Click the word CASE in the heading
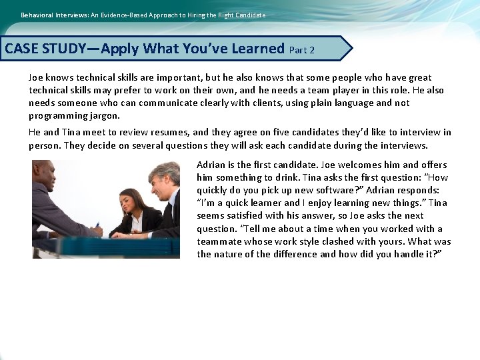pyautogui.click(x=23, y=49)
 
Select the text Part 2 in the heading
pyautogui.click(x=302, y=50)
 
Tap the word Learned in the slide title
pyautogui.click(x=258, y=49)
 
